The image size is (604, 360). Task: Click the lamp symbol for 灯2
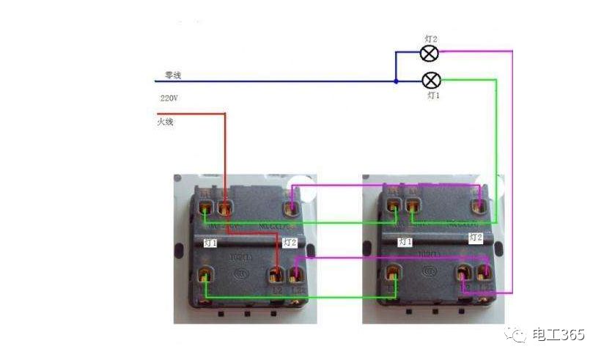point(430,53)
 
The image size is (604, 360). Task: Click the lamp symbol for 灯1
point(433,80)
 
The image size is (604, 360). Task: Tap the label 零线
point(173,75)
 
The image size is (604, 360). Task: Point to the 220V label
point(169,98)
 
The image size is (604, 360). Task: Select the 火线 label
point(165,121)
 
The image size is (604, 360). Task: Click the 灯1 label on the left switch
point(210,242)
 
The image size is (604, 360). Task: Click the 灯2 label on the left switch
point(290,242)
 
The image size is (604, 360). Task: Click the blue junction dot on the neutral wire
point(396,81)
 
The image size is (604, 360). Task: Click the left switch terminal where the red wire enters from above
point(224,210)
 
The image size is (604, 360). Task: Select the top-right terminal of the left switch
point(292,208)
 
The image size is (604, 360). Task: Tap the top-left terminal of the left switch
point(205,210)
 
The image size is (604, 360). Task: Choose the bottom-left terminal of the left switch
point(205,276)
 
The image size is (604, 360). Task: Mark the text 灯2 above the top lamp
point(432,37)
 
